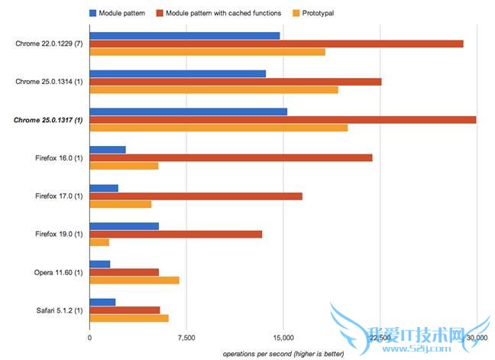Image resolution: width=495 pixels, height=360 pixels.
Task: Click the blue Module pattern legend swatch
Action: pyautogui.click(x=93, y=13)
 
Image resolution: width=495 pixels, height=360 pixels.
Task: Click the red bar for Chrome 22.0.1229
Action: pyautogui.click(x=276, y=44)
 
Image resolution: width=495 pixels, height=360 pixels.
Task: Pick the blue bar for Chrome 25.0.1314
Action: pyautogui.click(x=177, y=73)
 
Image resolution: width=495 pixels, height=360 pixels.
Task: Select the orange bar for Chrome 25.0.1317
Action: pyautogui.click(x=218, y=128)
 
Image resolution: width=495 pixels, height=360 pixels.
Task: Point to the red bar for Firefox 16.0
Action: pyautogui.click(x=231, y=157)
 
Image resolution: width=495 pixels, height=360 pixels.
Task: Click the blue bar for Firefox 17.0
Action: pyautogui.click(x=104, y=188)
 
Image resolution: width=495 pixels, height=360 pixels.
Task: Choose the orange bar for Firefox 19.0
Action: pyautogui.click(x=99, y=242)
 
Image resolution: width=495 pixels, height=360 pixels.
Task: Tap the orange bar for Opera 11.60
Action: pyautogui.click(x=134, y=280)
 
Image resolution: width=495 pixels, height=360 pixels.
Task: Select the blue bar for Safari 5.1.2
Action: pyautogui.click(x=102, y=302)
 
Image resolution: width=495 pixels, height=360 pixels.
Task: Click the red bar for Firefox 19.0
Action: pyautogui.click(x=176, y=234)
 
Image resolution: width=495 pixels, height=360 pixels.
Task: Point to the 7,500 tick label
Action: pyautogui.click(x=186, y=338)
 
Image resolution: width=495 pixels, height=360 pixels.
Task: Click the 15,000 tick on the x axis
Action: pyautogui.click(x=283, y=338)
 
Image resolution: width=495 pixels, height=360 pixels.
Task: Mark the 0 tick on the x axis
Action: pyautogui.click(x=89, y=338)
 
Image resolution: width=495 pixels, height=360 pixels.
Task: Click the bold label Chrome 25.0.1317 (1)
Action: pyautogui.click(x=49, y=120)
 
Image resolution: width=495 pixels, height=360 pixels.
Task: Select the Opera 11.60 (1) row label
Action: pyautogui.click(x=53, y=272)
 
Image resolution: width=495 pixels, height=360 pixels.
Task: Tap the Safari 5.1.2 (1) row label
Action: pyautogui.click(x=52, y=310)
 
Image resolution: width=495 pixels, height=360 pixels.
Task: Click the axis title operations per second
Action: pyautogui.click(x=283, y=354)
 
